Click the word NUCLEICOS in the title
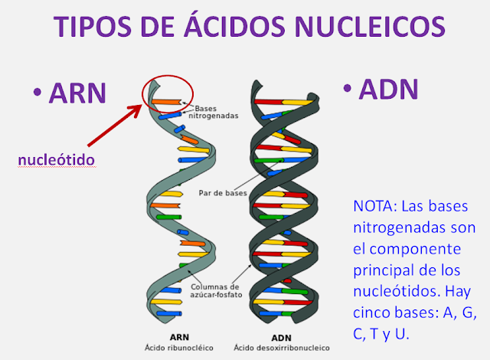(x=370, y=26)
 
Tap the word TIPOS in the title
(x=92, y=26)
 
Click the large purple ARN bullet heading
(x=77, y=93)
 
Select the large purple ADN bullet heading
(x=389, y=89)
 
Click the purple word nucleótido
(x=56, y=159)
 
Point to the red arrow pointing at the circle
(x=114, y=126)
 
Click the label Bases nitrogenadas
(x=213, y=112)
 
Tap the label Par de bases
(x=223, y=193)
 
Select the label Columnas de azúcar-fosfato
(x=216, y=290)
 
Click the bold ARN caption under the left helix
(x=179, y=337)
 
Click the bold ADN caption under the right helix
(x=281, y=338)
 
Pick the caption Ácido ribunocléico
(x=179, y=348)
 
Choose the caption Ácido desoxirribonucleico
(x=282, y=348)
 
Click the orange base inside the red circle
(x=166, y=102)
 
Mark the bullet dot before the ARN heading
(x=38, y=92)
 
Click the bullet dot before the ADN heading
(x=348, y=88)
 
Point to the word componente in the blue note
(x=415, y=250)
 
